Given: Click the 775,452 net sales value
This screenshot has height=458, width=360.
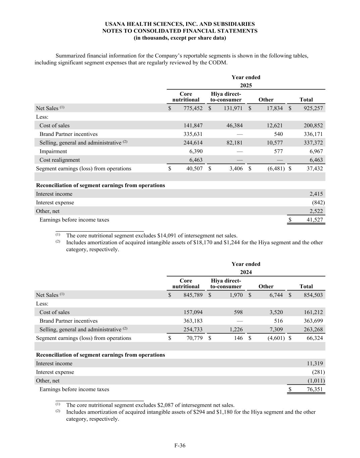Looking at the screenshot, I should click(x=193, y=108).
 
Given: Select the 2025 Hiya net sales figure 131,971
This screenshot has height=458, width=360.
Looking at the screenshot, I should click(x=233, y=108).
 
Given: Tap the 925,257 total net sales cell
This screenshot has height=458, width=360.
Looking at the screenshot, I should click(x=313, y=108).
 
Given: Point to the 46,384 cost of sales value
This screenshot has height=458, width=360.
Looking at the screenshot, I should click(x=235, y=125).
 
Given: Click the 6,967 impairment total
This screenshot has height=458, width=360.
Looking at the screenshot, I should click(x=316, y=151).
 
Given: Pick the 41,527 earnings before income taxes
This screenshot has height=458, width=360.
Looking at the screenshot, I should click(x=315, y=220).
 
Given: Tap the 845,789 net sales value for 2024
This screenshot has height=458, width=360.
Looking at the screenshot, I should click(x=193, y=295).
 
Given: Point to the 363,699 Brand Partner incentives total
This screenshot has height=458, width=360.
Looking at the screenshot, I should click(x=313, y=321).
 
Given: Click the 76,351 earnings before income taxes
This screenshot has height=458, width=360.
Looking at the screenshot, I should click(x=315, y=389).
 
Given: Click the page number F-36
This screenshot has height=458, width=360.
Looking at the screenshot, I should click(x=180, y=446).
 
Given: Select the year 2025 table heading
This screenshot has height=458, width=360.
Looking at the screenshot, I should click(x=246, y=86).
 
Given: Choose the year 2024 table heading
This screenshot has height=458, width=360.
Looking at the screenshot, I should click(x=246, y=272).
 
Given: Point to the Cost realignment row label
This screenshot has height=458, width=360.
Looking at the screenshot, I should click(x=60, y=160).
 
